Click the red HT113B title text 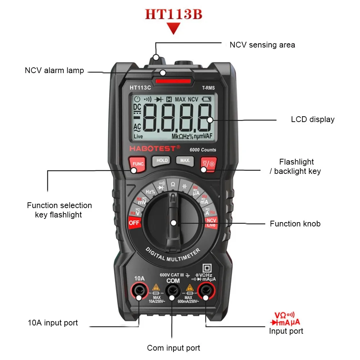(x=174, y=14)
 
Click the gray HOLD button (x=162, y=160)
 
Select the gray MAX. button (x=185, y=160)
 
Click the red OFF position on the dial (x=134, y=222)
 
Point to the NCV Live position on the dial (x=211, y=222)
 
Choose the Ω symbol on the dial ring (x=173, y=184)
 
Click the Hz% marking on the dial (x=150, y=192)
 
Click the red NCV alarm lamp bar (x=173, y=81)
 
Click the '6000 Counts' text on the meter (x=203, y=150)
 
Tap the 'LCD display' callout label (x=312, y=120)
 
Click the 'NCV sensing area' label (x=262, y=45)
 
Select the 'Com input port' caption (x=173, y=348)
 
